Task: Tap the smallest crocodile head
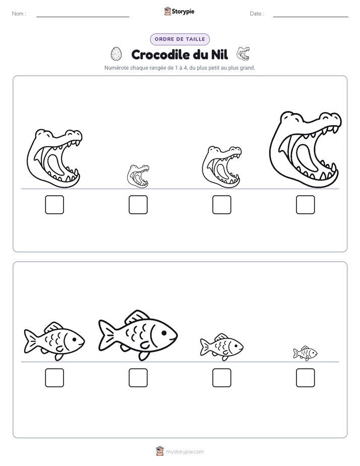pos(138,176)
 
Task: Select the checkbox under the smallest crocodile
pos(138,205)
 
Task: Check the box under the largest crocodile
pos(306,205)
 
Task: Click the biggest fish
pos(138,335)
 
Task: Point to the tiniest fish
pos(306,354)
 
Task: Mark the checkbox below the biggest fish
pos(138,378)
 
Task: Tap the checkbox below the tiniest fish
pos(306,378)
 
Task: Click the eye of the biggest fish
pos(164,333)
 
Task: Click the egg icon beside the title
pos(116,54)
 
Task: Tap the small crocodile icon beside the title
pos(243,53)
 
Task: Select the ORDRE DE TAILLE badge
pos(180,39)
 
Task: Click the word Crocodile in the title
pos(161,54)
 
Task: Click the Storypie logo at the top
pos(179,11)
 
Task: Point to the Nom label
pos(19,14)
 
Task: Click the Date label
pos(257,14)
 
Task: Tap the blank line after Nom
pos(83,17)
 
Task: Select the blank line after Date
pos(311,17)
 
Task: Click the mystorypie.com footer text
pos(185,452)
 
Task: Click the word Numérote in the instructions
pos(116,68)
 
